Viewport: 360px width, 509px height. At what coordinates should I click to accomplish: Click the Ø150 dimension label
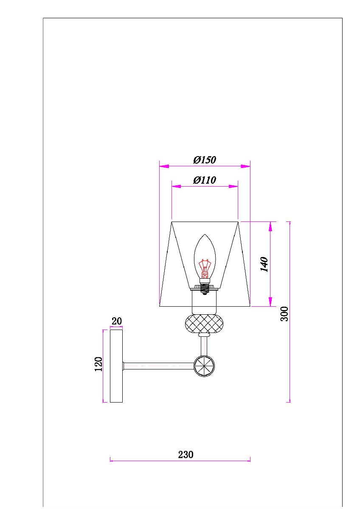coord(204,160)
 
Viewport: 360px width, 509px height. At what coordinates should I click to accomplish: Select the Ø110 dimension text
coord(204,180)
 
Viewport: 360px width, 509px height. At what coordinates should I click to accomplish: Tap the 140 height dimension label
coord(264,264)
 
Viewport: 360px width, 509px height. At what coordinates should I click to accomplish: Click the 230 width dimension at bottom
coord(186,454)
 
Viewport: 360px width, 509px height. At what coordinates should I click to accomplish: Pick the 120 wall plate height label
coord(98,364)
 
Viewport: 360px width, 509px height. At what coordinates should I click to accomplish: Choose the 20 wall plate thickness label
coord(116,321)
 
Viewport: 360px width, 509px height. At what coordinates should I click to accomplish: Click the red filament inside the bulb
coord(205,267)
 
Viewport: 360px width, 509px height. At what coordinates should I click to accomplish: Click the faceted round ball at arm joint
coord(204,366)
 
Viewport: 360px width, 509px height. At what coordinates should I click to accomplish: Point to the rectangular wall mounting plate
coord(116,366)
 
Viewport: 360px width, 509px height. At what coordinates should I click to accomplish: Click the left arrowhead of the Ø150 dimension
coord(164,166)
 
